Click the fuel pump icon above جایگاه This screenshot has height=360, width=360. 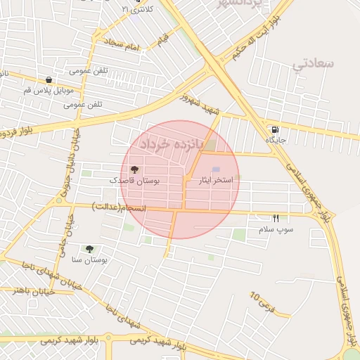274,129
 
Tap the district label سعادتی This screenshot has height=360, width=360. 312,65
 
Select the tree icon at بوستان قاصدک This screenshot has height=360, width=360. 134,169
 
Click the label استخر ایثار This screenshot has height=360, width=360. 217,180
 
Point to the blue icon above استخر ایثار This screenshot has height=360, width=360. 216,169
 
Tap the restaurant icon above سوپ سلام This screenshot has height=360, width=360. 276,218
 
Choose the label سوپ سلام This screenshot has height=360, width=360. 276,229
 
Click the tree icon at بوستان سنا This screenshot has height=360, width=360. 89,248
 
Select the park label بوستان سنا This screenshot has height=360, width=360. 89,259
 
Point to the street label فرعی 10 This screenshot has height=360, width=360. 262,303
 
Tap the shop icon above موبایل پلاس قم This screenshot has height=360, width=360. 48,80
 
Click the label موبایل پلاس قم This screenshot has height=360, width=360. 48,91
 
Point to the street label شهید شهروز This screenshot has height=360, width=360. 200,103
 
